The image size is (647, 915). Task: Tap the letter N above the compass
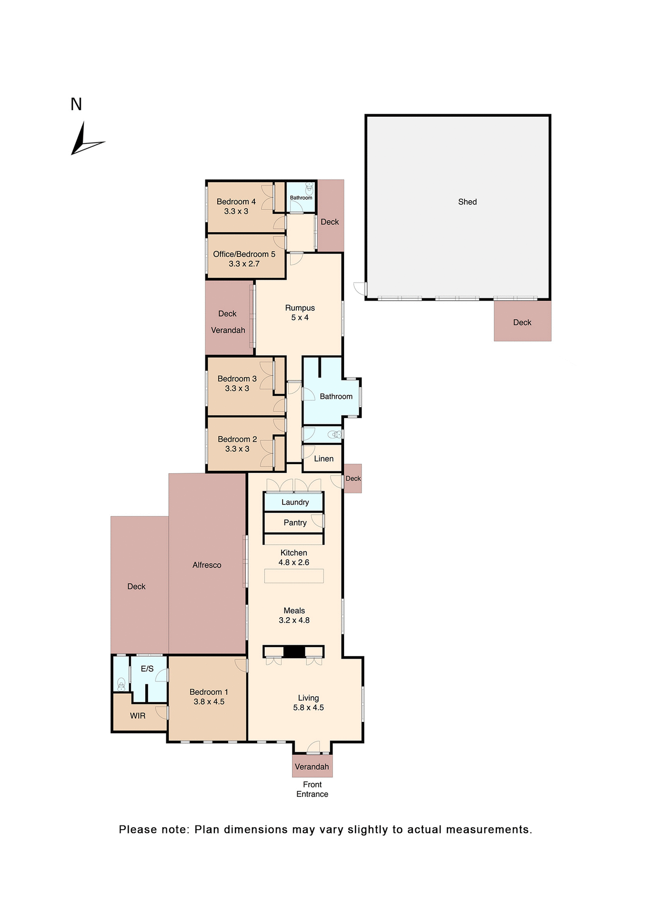pyautogui.click(x=76, y=104)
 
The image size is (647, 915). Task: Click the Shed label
pyautogui.click(x=467, y=202)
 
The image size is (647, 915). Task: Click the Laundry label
pyautogui.click(x=295, y=502)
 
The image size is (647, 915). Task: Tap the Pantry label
pyautogui.click(x=295, y=523)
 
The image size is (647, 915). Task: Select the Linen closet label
pyautogui.click(x=323, y=458)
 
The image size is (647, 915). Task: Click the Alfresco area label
pyautogui.click(x=207, y=565)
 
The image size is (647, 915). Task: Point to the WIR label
pyautogui.click(x=138, y=716)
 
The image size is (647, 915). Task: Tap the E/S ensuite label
pyautogui.click(x=147, y=669)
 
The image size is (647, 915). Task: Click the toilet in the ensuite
pyautogui.click(x=121, y=684)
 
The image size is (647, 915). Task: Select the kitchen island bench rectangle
pyautogui.click(x=294, y=576)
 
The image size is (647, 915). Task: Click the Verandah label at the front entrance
pyautogui.click(x=312, y=767)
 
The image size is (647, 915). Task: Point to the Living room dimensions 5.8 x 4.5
pyautogui.click(x=308, y=708)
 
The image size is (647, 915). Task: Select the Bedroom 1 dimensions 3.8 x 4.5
pyautogui.click(x=209, y=701)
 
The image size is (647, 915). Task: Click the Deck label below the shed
pyautogui.click(x=522, y=323)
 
